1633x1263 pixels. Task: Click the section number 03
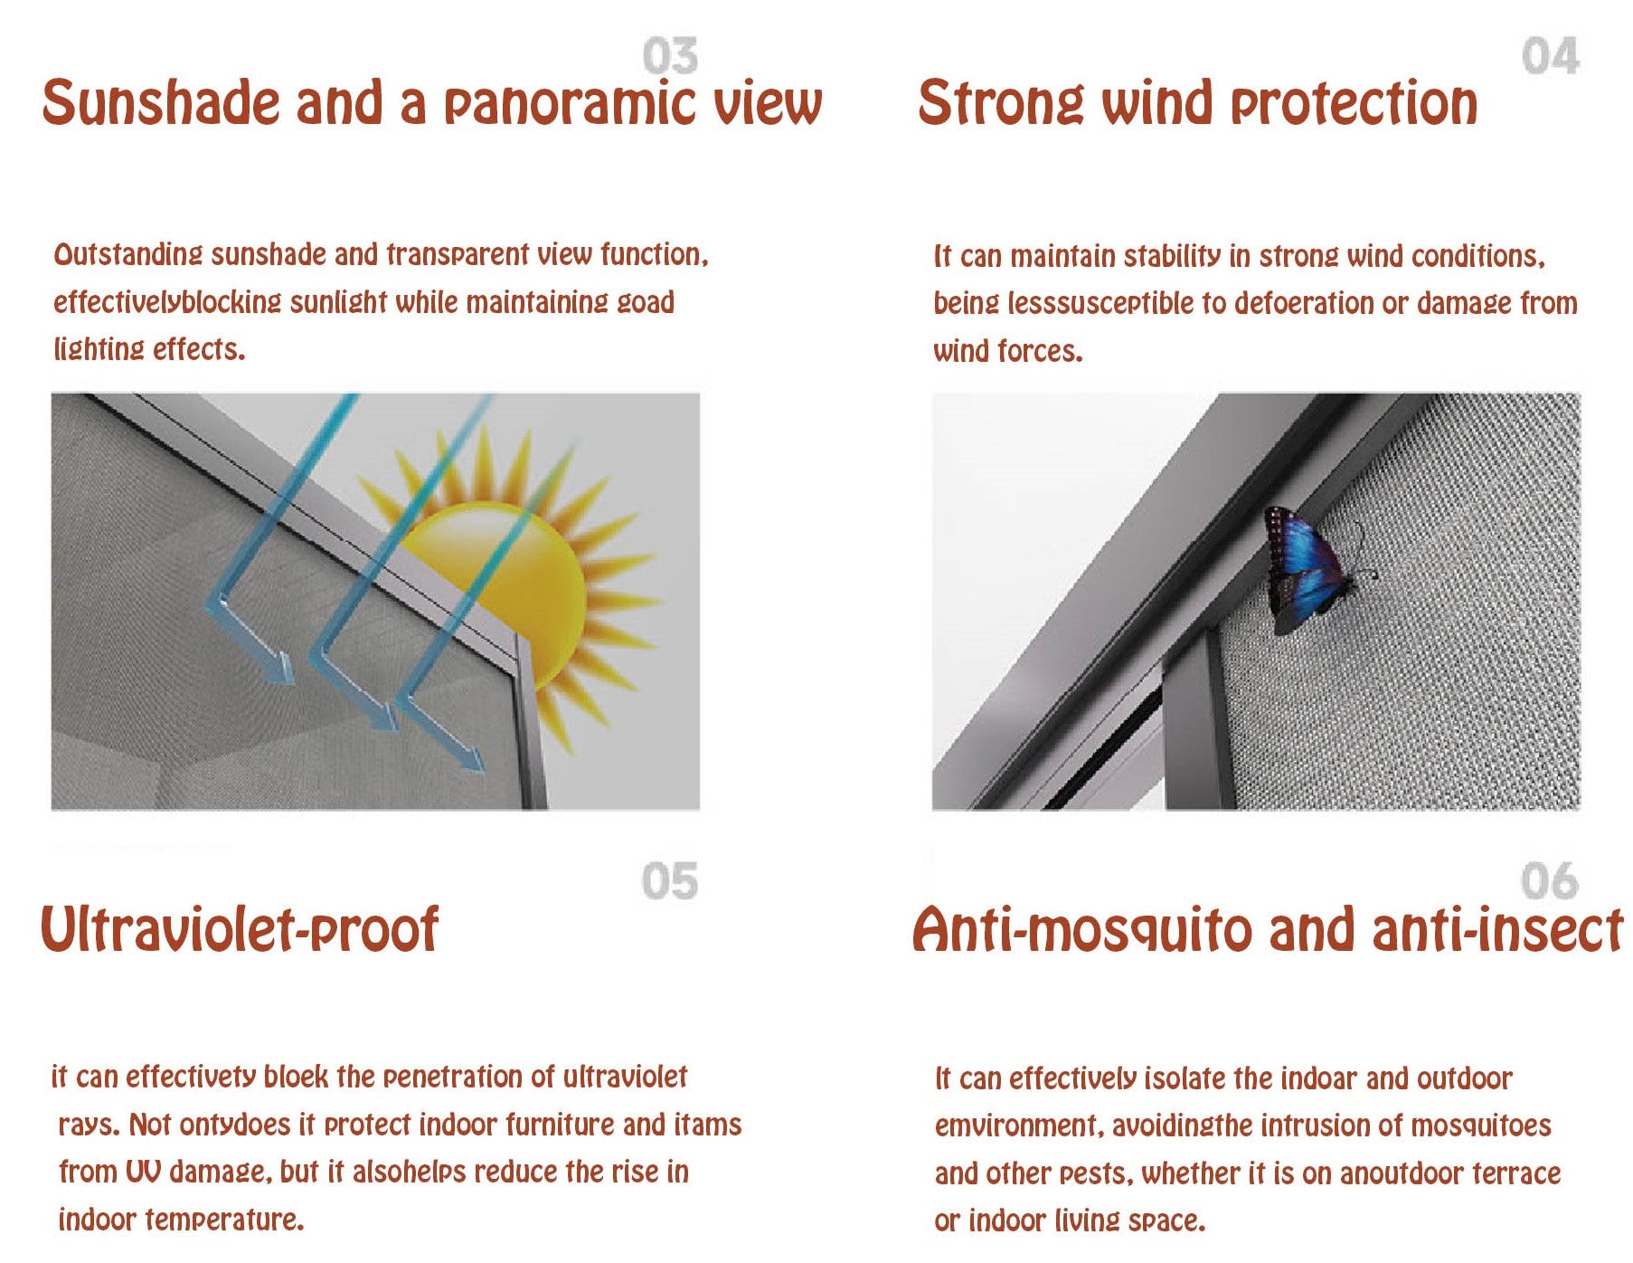click(670, 56)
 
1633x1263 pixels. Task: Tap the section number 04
click(1550, 56)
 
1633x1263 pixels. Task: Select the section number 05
click(670, 881)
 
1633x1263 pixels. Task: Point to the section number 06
click(1549, 881)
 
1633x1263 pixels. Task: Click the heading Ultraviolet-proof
click(240, 929)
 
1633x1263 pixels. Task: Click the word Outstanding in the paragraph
click(127, 255)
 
